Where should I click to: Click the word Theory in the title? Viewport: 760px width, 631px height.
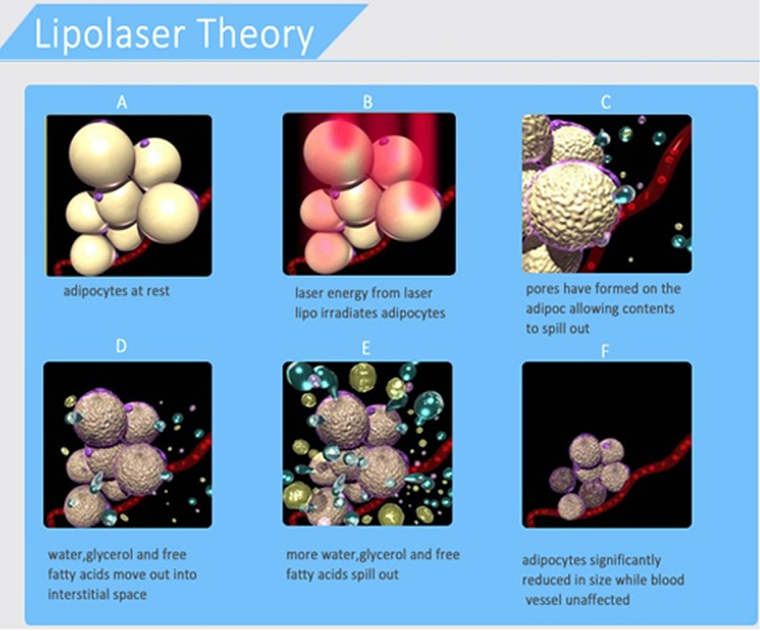256,34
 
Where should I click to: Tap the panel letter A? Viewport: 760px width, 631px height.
121,103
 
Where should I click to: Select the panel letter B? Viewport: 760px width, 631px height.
368,102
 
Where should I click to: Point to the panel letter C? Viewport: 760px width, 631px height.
606,102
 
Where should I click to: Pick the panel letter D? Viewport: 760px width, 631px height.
121,346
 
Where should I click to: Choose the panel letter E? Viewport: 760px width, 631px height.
366,348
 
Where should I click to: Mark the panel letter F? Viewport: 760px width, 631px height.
605,351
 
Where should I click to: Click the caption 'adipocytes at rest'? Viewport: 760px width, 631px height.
117,291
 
